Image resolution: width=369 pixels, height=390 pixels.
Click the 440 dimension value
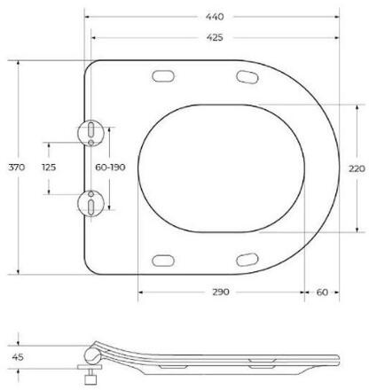215,17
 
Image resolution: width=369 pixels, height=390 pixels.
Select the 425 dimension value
215,37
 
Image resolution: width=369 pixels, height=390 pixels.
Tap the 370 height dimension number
17,168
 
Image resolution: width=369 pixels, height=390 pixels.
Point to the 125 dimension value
49,168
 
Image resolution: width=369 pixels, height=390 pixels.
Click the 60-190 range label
110,168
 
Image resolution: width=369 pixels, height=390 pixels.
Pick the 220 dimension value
357,168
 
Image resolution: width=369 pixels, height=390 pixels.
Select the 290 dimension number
221,292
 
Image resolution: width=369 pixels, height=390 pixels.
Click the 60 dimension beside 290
322,292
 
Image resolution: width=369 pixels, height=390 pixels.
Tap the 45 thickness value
18,357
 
